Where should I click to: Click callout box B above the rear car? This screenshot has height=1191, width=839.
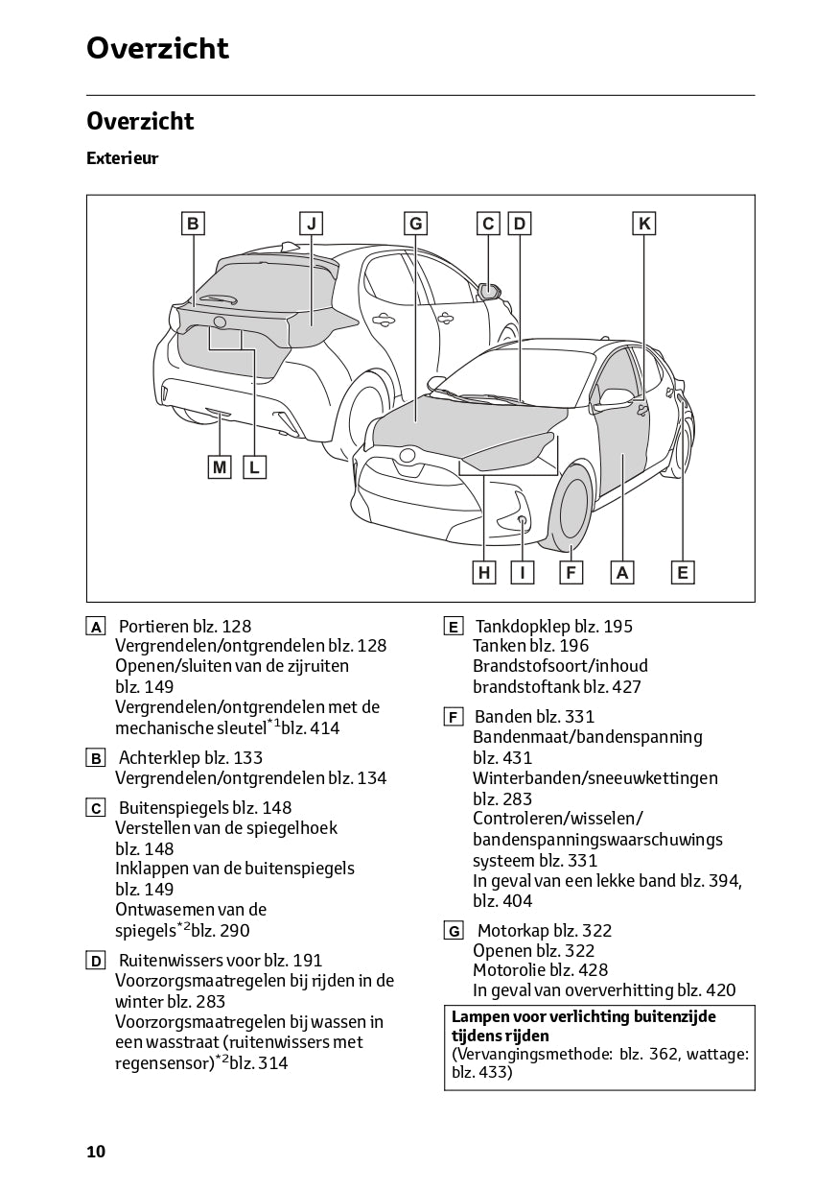[193, 224]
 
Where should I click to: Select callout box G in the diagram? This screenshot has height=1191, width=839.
[415, 224]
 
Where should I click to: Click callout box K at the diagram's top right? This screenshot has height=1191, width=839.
[644, 224]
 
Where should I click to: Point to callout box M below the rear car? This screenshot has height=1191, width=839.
[221, 467]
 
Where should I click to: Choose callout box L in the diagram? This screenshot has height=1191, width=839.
[254, 467]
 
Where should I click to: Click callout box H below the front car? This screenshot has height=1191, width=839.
[485, 573]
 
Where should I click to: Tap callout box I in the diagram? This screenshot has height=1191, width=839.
[523, 573]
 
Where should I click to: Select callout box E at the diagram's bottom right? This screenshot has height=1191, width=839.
[682, 573]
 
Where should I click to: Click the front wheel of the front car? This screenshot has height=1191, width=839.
[572, 509]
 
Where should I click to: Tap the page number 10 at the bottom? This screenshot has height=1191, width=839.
[96, 1152]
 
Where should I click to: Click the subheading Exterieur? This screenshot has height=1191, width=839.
[122, 158]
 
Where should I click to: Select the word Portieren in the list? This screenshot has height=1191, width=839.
[153, 627]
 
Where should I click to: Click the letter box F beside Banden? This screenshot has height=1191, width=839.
[454, 718]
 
